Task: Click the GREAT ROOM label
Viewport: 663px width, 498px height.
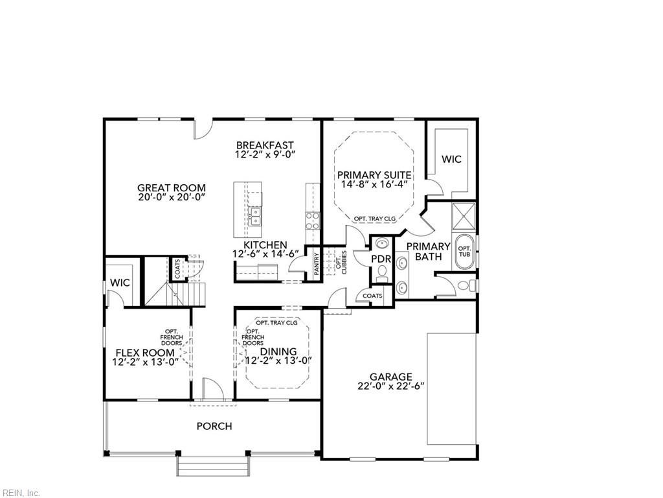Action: coord(171,188)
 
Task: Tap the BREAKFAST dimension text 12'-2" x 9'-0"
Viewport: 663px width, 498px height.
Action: coord(265,156)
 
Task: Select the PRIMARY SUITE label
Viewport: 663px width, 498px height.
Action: coord(374,175)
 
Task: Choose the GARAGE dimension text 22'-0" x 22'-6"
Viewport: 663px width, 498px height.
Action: coord(390,386)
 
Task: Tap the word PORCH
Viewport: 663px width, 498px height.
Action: coord(214,426)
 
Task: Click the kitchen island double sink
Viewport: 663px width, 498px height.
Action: coord(256,215)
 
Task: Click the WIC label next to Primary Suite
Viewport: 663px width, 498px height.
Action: coord(451,159)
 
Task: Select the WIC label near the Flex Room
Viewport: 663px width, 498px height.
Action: coord(120,283)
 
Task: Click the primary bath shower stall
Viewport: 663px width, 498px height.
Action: coord(464,217)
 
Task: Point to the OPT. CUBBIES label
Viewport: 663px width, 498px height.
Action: coord(341,261)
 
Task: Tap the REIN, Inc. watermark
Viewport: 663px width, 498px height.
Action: coord(21,493)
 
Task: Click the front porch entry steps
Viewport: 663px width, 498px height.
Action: coord(213,466)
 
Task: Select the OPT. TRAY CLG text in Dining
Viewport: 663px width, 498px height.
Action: coord(276,322)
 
